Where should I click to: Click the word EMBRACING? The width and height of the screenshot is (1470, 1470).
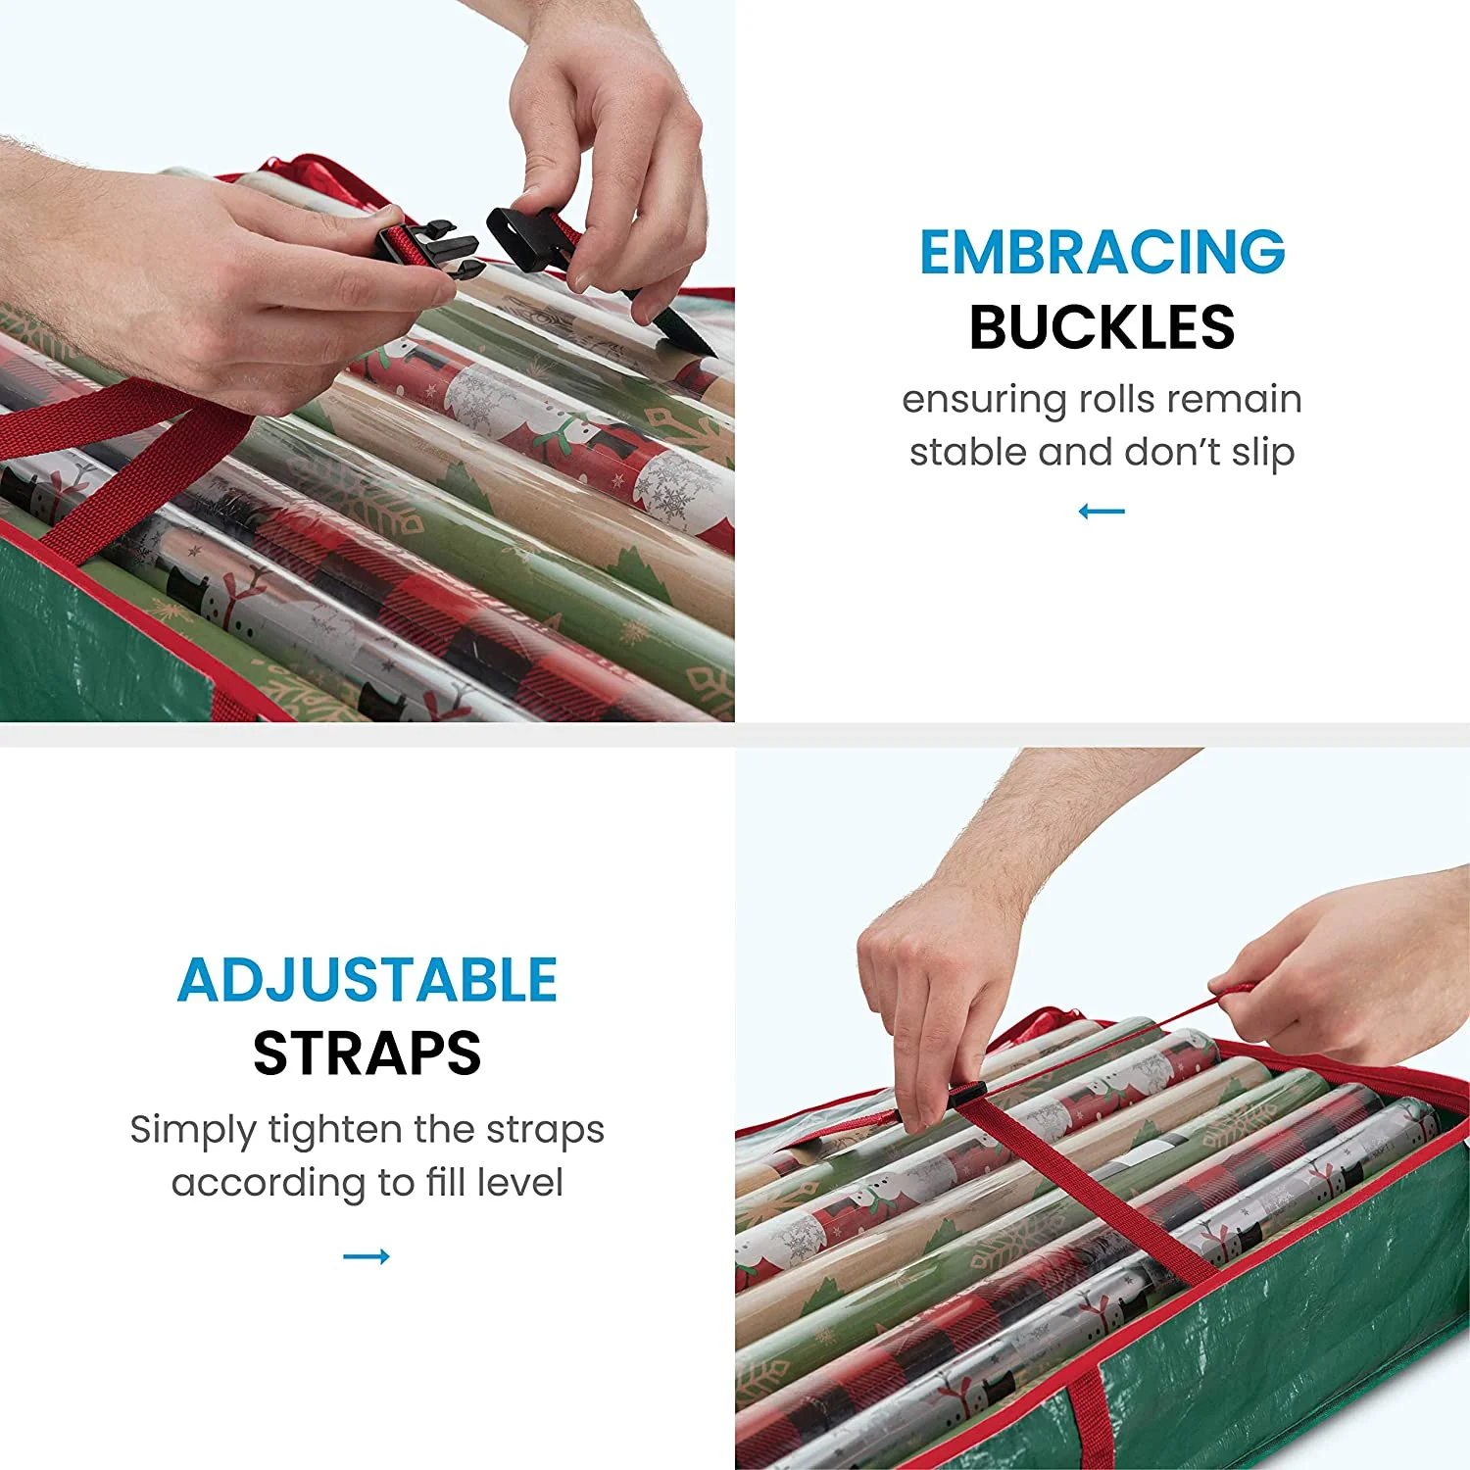point(1102,252)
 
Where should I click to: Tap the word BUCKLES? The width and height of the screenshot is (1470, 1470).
point(1102,326)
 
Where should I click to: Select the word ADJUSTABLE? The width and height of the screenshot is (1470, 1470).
point(367,980)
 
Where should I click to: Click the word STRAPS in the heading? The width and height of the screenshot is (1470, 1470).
point(367,1053)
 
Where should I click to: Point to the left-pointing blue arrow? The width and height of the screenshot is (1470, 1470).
point(1102,511)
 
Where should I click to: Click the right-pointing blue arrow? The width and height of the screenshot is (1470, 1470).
point(367,1256)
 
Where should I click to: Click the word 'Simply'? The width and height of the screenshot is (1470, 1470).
point(193,1130)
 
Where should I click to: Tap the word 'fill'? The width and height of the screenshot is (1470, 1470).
point(446,1182)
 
